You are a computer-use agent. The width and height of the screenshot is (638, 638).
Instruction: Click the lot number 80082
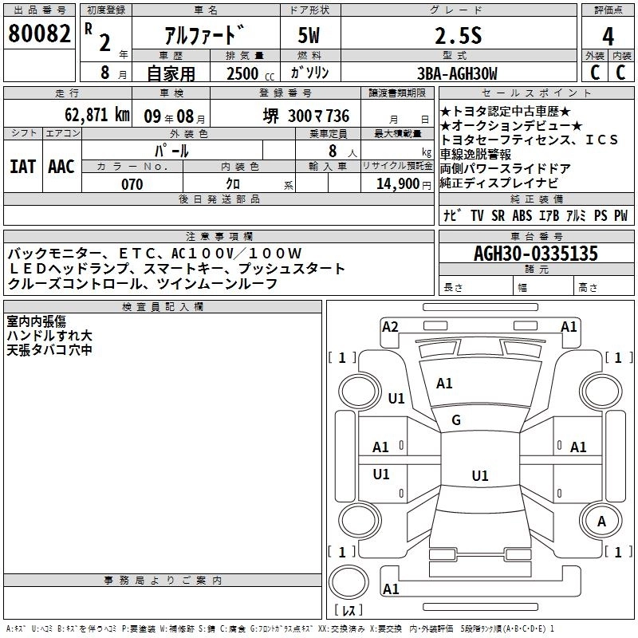[x=38, y=34]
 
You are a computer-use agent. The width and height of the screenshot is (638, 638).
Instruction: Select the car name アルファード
[x=203, y=35]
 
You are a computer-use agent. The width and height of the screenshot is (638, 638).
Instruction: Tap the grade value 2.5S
[x=456, y=35]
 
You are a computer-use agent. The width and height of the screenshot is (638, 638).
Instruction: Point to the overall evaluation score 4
[x=608, y=35]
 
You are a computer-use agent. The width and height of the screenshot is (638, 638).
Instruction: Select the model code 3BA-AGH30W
[x=456, y=73]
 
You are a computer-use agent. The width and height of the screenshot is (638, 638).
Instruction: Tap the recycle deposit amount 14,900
[x=402, y=184]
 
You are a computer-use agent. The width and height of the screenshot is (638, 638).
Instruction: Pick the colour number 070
[x=132, y=184]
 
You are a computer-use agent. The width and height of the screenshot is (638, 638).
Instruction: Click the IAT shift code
[x=22, y=166]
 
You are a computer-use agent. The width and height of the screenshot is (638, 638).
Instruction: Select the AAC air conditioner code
[x=61, y=166]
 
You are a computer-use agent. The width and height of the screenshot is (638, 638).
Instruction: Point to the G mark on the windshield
[x=456, y=420]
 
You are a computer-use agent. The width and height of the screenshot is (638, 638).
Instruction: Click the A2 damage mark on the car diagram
[x=390, y=326]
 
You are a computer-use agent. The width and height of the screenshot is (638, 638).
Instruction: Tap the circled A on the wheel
[x=602, y=521]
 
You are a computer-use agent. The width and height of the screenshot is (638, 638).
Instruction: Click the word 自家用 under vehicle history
[x=171, y=73]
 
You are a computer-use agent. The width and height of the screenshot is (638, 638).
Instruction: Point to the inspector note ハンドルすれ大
[x=49, y=336]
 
